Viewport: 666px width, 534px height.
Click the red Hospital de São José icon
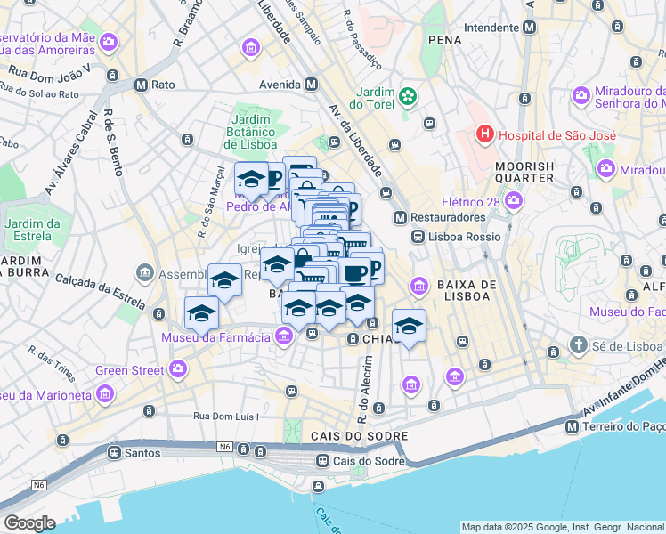click(485, 135)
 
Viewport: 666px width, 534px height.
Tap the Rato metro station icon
click(141, 85)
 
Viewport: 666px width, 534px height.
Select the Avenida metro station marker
click(311, 85)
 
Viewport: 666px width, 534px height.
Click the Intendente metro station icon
click(530, 28)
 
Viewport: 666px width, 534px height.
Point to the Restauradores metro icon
click(400, 217)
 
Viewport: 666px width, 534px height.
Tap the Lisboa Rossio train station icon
click(418, 237)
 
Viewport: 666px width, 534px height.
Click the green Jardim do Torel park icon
click(407, 95)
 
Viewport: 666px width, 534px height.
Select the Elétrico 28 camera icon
click(514, 202)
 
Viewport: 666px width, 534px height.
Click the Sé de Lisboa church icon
click(578, 345)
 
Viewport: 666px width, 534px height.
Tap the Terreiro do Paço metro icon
click(572, 427)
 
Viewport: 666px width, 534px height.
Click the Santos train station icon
click(115, 452)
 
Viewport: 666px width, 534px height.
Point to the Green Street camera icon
click(178, 369)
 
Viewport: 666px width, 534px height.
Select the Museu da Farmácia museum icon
click(284, 336)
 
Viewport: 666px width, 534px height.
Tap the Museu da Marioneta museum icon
click(105, 393)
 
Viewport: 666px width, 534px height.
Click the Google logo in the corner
click(29, 523)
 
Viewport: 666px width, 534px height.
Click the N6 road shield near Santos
click(223, 447)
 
